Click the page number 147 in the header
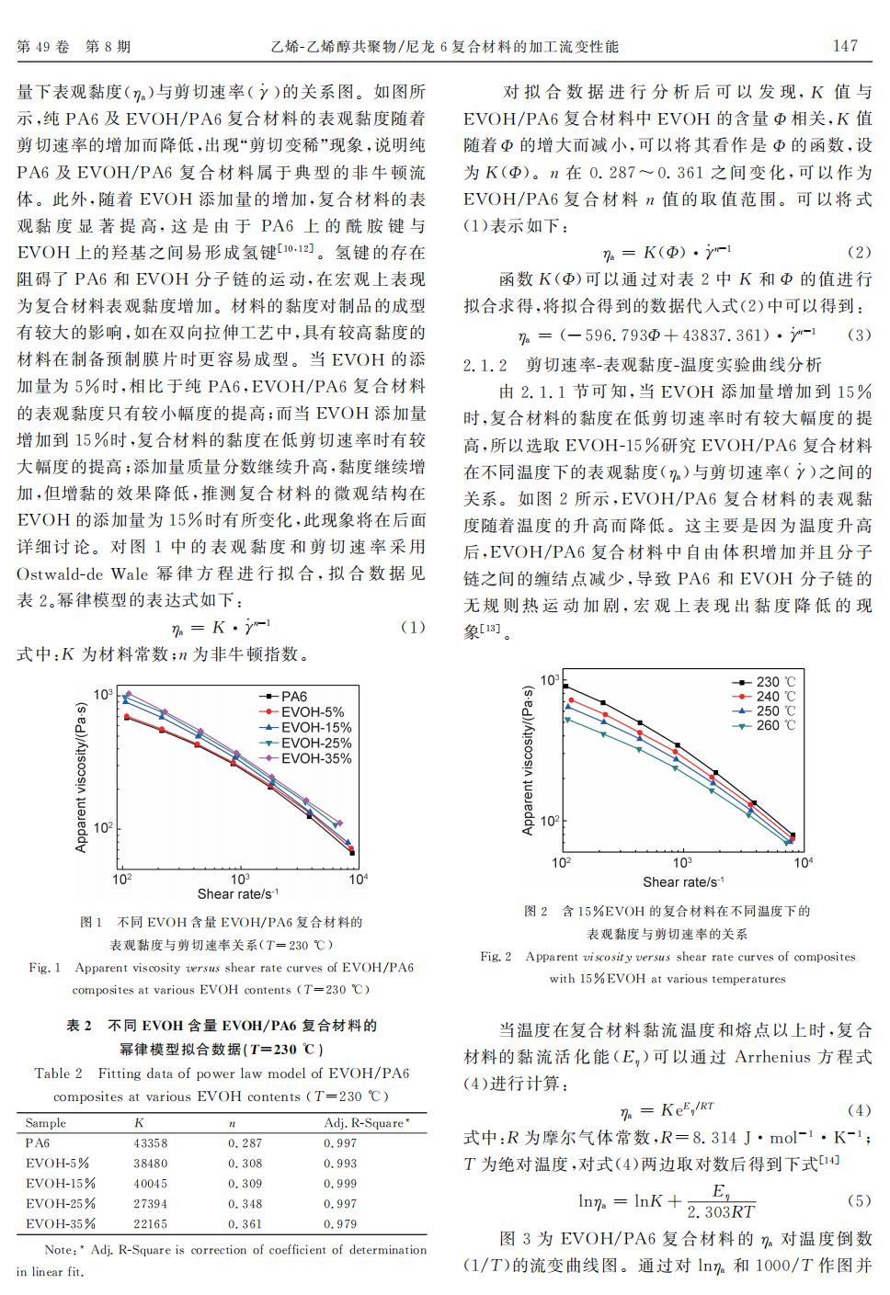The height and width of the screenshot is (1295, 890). pos(844,46)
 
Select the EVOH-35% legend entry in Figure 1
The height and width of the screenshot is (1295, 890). pos(315,758)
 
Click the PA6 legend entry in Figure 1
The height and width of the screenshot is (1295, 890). pos(294,697)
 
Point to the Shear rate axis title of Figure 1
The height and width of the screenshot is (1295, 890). pos(237,893)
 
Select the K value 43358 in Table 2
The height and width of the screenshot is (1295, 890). pos(151,1143)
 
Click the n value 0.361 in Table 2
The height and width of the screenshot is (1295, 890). pos(245,1224)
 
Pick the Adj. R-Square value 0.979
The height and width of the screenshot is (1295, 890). pos(340,1224)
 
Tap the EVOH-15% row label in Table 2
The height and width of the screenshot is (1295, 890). pos(61,1184)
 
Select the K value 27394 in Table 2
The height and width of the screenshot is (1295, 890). pos(151,1204)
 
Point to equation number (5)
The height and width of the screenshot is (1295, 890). pos(857,1200)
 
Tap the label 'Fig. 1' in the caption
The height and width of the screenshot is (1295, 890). pos(45,968)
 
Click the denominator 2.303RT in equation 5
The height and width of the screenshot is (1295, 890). pos(721,1212)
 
